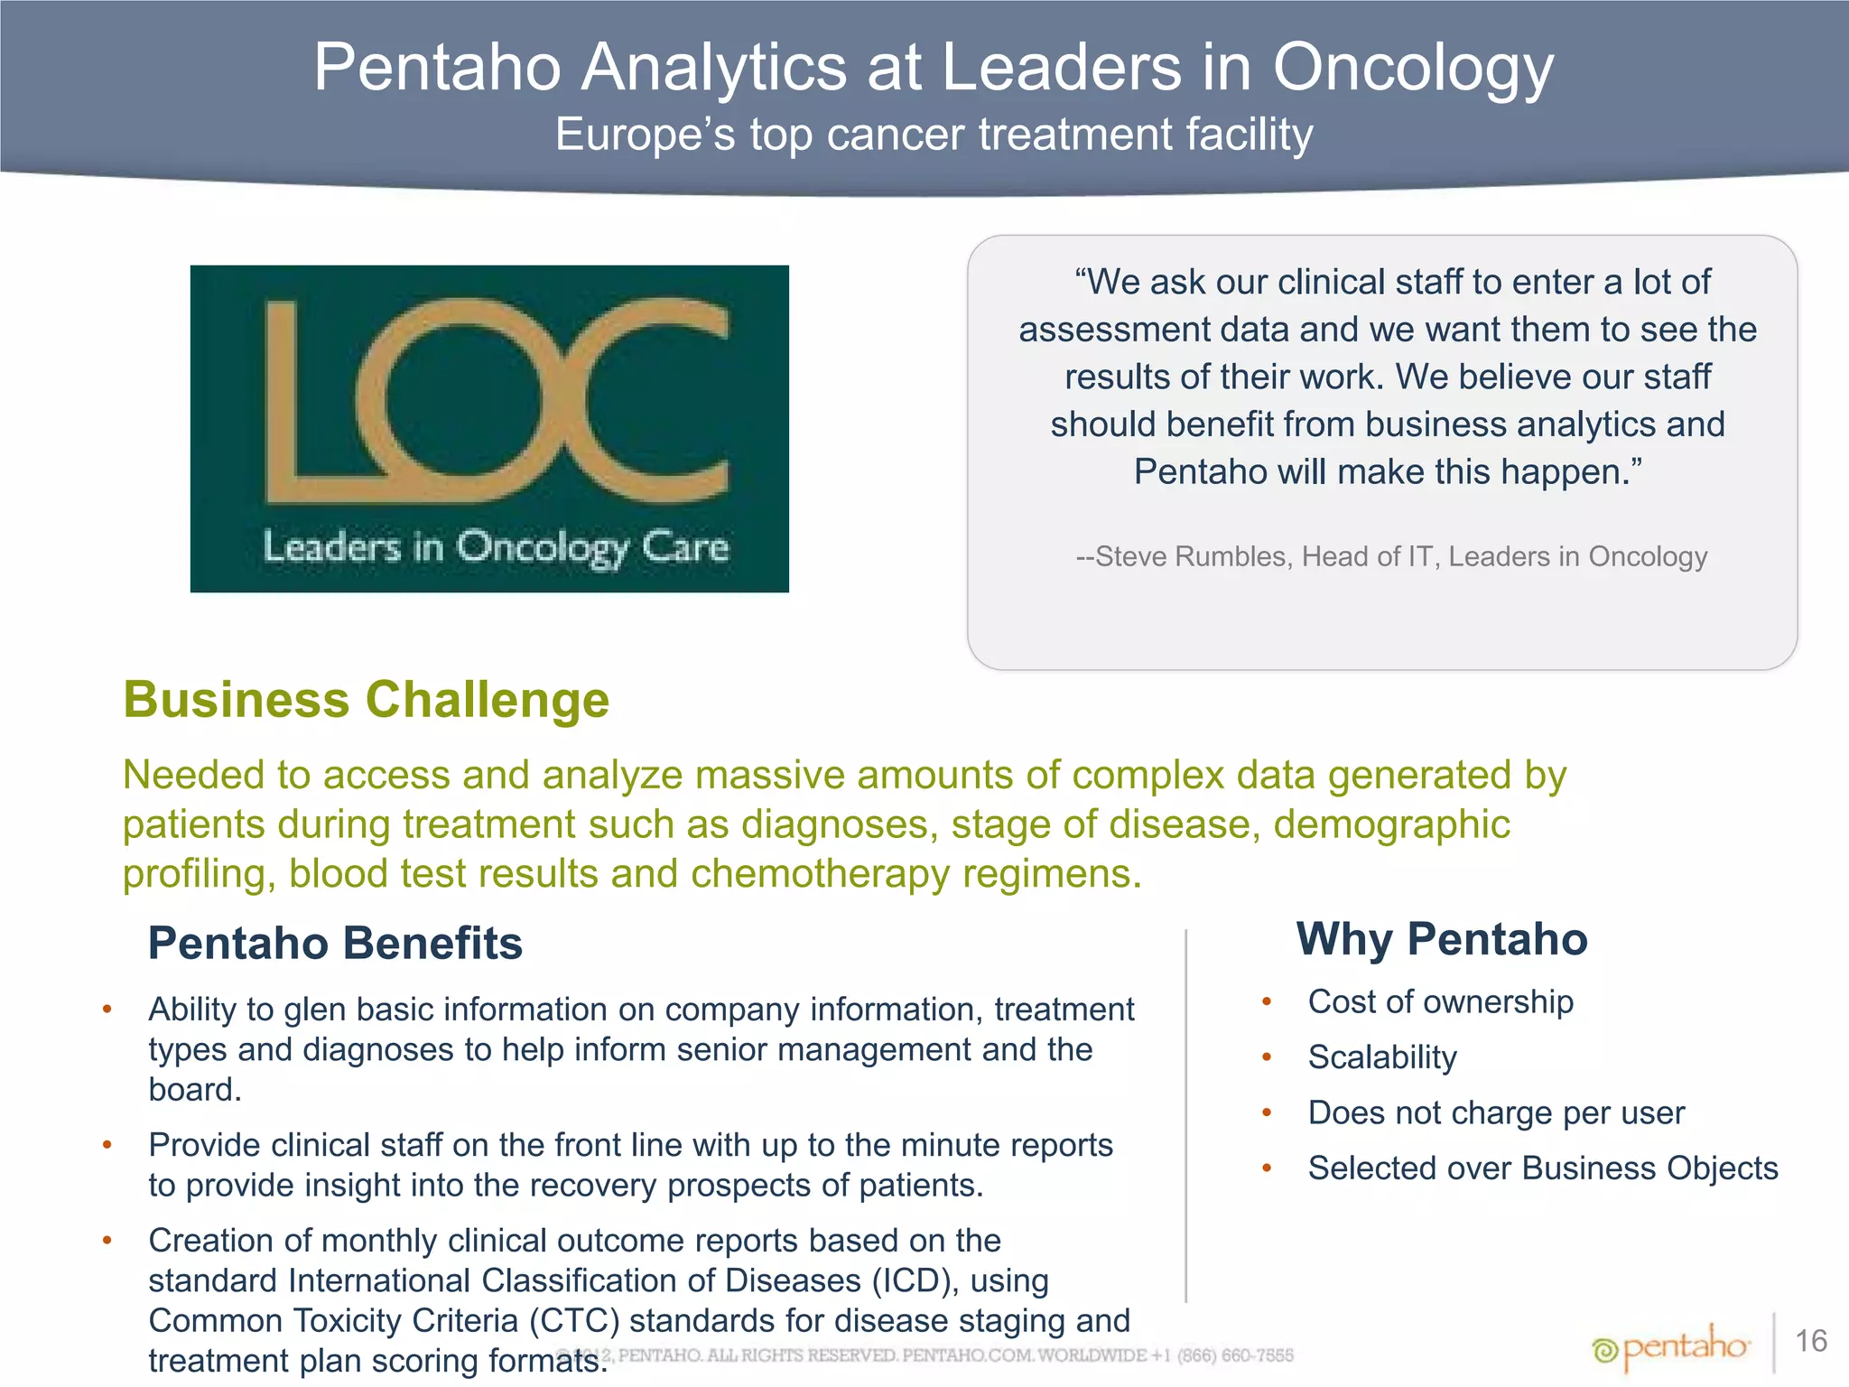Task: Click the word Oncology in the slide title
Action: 1413,69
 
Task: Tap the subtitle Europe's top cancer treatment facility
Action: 934,135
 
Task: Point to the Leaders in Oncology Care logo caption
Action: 496,548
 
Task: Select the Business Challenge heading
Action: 366,700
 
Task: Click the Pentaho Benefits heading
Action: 335,944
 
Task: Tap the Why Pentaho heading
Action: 1441,939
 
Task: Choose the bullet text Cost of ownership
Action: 1440,1001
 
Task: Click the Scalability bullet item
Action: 1382,1057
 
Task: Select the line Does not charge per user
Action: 1496,1112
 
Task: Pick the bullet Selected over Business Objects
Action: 1543,1168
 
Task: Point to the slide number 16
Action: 1811,1341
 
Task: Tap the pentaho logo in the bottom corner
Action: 1670,1348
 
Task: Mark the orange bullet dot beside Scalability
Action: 1267,1057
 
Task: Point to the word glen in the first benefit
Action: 312,1010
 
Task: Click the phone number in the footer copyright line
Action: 1235,1355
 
